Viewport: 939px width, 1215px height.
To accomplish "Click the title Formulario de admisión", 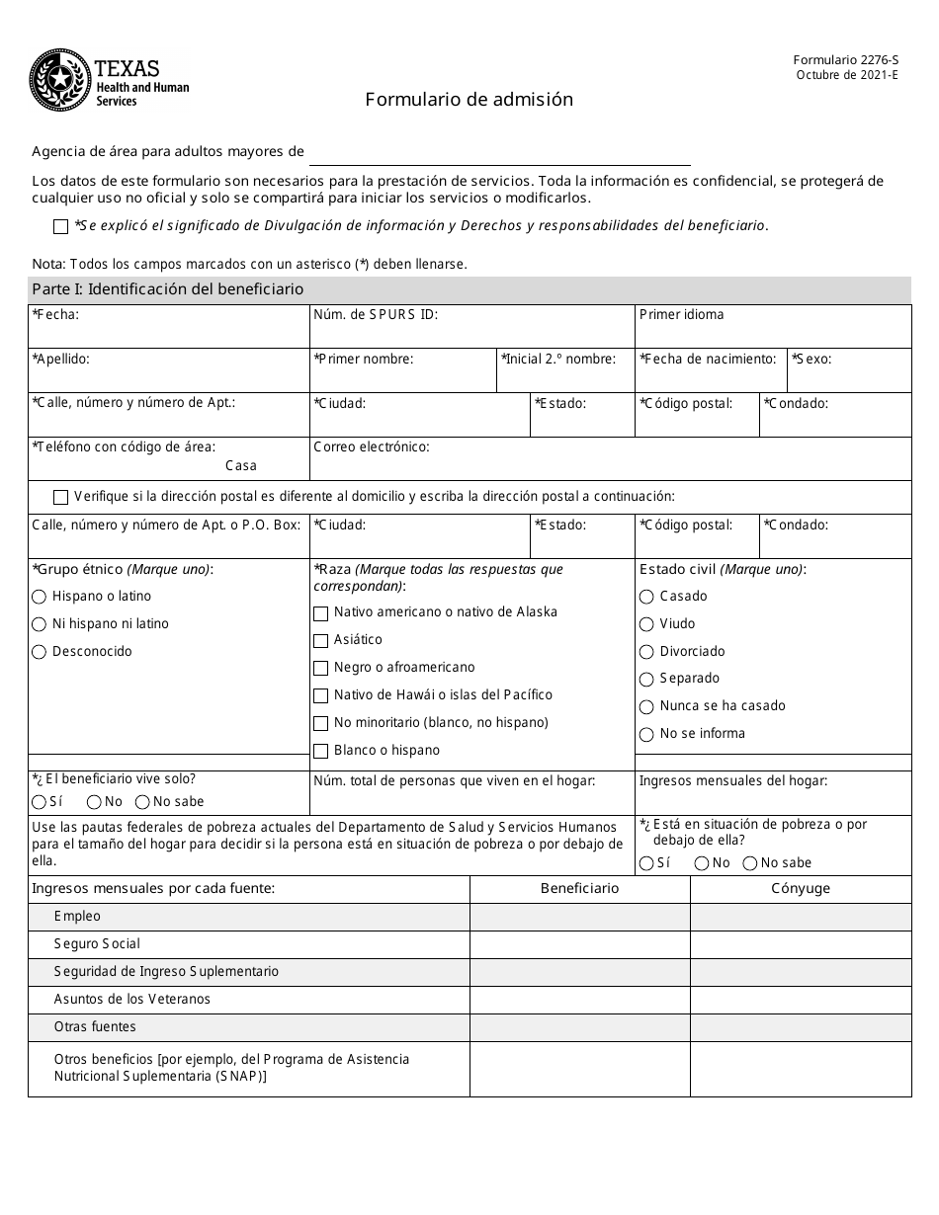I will [x=469, y=99].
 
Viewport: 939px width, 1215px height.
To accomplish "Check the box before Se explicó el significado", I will [x=61, y=226].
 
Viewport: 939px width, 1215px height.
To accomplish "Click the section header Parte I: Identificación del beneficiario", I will [x=167, y=289].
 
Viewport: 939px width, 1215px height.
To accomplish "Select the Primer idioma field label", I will [x=681, y=314].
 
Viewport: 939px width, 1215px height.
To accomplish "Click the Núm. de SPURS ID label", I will [x=376, y=314].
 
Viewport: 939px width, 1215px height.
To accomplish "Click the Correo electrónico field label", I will [x=371, y=446].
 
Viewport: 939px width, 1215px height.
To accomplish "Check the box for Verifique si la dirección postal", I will [x=61, y=497].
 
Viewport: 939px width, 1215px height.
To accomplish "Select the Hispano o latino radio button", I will [x=40, y=597].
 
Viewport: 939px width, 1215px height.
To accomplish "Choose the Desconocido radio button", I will [x=40, y=652].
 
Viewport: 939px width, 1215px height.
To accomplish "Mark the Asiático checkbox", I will [x=320, y=640].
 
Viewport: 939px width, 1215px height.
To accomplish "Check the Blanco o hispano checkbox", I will [x=320, y=751].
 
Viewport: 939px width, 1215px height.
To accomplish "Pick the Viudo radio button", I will [x=646, y=624].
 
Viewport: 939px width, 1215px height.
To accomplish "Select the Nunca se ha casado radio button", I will [x=646, y=706].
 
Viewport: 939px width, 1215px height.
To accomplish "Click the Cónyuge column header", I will [x=801, y=888].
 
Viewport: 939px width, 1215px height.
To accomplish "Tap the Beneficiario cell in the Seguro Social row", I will [x=579, y=944].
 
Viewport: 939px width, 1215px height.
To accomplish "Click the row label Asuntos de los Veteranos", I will [x=131, y=999].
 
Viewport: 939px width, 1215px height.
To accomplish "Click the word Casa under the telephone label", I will [x=240, y=465].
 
